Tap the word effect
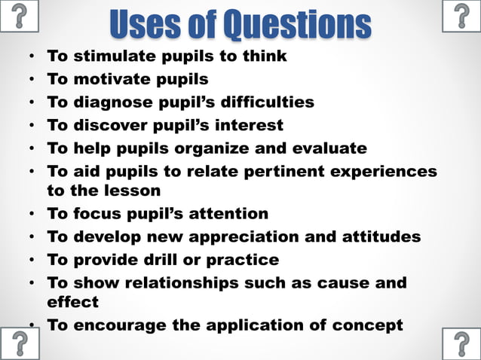(73, 302)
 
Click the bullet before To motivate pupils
(31, 79)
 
